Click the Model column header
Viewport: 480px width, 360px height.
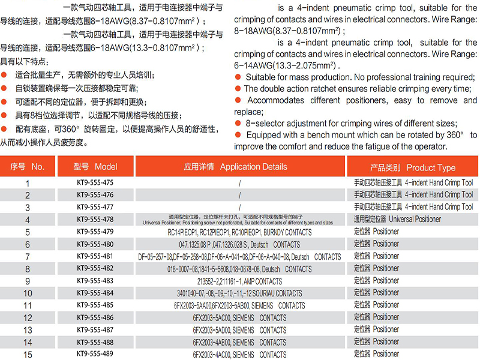[x=95, y=167]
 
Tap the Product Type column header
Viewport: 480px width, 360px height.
[x=412, y=167]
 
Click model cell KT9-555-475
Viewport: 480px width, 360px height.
[x=95, y=182]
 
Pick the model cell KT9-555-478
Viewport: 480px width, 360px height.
[x=95, y=220]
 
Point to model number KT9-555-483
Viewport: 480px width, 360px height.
[x=95, y=281]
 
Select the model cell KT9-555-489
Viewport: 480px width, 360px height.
[x=95, y=354]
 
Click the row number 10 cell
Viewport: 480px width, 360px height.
[x=28, y=293]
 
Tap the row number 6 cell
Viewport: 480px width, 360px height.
[x=28, y=244]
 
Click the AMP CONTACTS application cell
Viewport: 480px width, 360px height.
[x=239, y=281]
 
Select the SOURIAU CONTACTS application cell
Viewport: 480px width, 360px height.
[x=239, y=293]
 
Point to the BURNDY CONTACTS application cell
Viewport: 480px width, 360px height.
[x=239, y=232]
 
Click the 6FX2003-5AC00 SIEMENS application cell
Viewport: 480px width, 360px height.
[x=239, y=317]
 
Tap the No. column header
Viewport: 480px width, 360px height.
[x=28, y=167]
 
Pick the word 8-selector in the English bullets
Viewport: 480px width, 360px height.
[x=266, y=123]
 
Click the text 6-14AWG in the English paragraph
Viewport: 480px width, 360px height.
[x=251, y=65]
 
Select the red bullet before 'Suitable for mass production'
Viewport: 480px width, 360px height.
[x=238, y=77]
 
